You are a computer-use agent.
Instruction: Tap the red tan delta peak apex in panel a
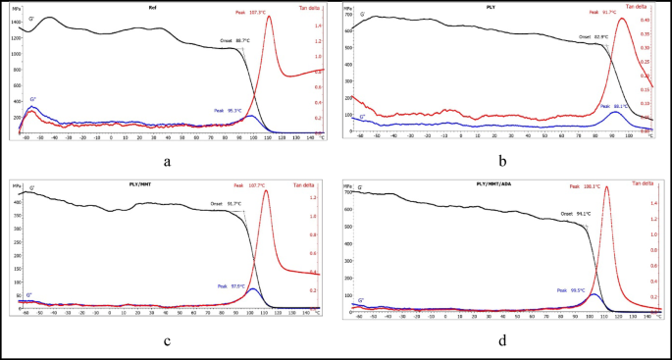(x=270, y=17)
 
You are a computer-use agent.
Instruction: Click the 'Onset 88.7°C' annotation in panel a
(x=235, y=42)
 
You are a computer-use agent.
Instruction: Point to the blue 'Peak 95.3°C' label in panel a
(x=230, y=111)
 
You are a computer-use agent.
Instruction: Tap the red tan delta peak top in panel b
(x=622, y=20)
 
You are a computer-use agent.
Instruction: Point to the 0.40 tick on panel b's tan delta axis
(x=645, y=20)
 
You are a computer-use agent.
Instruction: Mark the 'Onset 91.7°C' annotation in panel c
(x=227, y=204)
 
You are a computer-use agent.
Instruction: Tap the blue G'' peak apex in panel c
(x=253, y=289)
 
